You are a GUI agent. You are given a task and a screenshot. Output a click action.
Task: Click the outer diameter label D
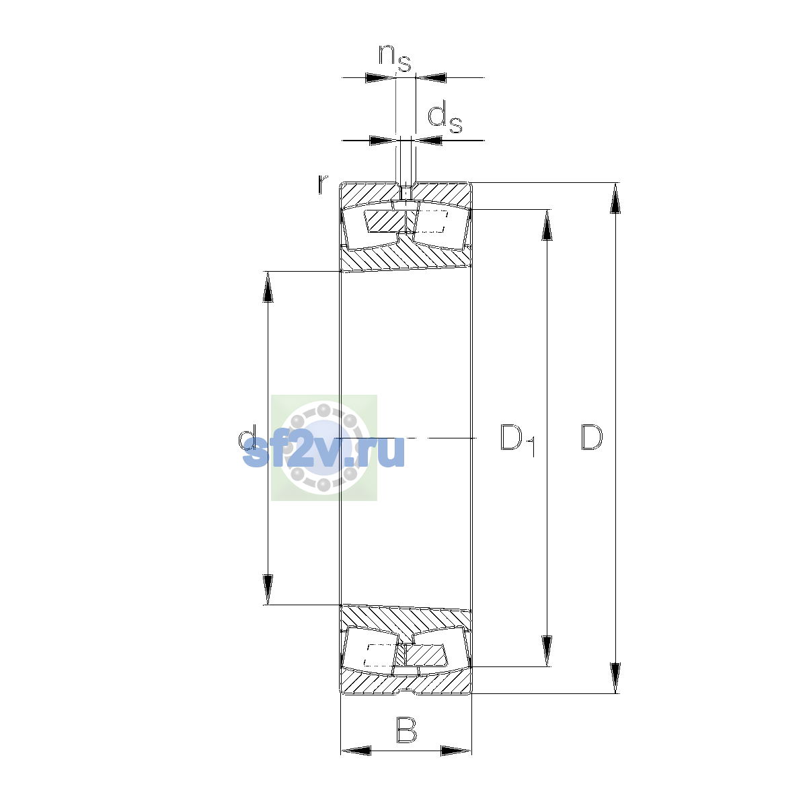pos(591,437)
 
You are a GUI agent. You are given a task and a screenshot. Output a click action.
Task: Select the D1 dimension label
pos(518,440)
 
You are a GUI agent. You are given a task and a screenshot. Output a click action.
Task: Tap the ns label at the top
pos(395,58)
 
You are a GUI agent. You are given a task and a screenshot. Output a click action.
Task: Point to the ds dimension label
pos(445,118)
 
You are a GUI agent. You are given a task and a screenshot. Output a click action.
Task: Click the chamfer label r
pos(322,184)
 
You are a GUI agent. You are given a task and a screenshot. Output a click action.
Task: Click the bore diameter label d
pos(247,438)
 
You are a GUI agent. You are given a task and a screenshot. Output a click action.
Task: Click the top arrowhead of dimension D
pos(615,198)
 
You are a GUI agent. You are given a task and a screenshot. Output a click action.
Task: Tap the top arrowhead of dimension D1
pos(547,225)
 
